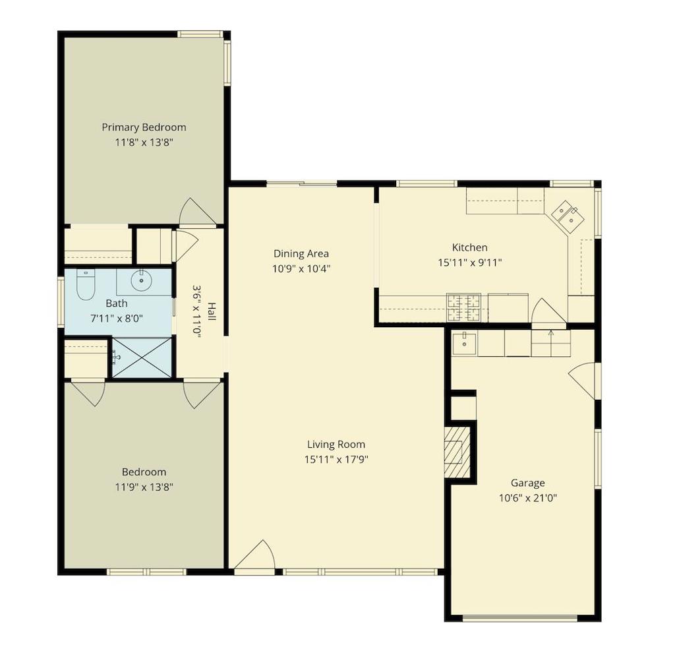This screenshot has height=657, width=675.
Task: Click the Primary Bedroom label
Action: coord(144,127)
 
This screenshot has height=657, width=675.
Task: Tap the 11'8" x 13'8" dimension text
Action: coord(144,142)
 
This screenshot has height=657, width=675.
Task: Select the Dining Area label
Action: coord(301,254)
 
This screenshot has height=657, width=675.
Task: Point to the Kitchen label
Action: coord(469,248)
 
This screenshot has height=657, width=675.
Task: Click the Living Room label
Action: coord(336,445)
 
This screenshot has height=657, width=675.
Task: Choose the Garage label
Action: coord(528,483)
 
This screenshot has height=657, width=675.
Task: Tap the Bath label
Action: coord(116,303)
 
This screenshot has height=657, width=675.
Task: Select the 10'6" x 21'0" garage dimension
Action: coord(528,499)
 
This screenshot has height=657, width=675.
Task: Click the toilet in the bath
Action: coord(85,285)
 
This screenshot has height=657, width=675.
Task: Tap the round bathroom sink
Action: coord(141,281)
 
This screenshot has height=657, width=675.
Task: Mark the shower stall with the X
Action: coord(142,358)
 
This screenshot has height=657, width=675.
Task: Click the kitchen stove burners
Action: coord(463,307)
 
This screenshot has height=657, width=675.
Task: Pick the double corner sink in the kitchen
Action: coord(567,217)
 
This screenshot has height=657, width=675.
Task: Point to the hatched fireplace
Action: coord(457,453)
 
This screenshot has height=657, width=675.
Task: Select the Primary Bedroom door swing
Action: coord(197,212)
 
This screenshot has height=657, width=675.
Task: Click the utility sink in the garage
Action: coord(465,344)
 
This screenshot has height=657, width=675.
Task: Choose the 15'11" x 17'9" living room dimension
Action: coord(336,460)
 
